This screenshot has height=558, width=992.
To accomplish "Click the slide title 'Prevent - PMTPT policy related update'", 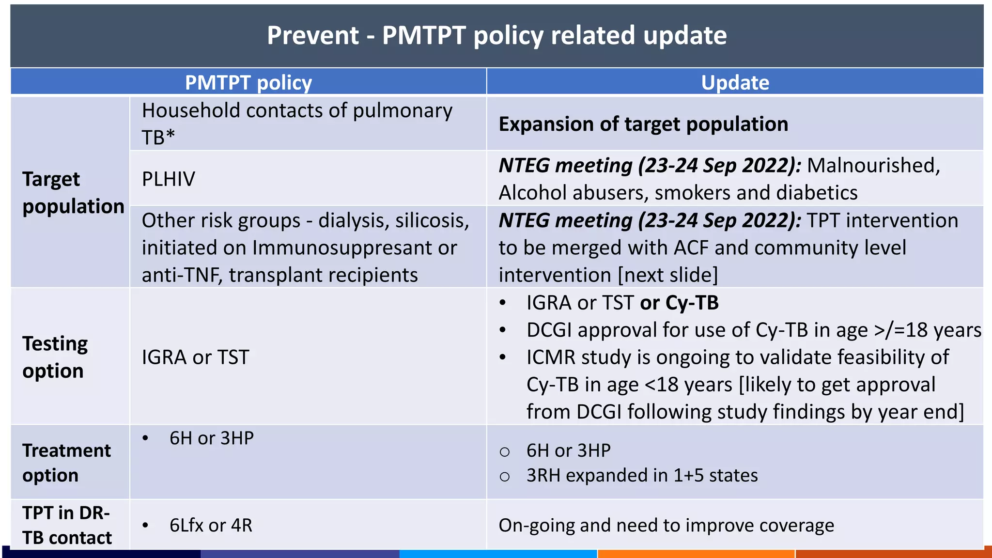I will [496, 35].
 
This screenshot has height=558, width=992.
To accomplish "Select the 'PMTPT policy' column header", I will [248, 82].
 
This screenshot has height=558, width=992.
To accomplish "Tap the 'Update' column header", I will [735, 82].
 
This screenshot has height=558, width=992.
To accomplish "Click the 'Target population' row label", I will [73, 192].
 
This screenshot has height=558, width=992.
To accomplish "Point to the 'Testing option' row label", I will [55, 357].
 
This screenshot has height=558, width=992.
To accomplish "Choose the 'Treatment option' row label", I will [66, 463].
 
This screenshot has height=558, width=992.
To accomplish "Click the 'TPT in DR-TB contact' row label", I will [66, 525].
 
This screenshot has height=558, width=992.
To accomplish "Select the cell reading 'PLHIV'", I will [168, 179].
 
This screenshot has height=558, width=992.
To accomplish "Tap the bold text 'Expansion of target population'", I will [643, 124].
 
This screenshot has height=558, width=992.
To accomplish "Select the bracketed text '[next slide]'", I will [668, 275].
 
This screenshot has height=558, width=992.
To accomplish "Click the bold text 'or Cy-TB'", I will [679, 303].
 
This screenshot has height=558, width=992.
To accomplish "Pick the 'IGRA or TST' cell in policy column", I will [195, 357].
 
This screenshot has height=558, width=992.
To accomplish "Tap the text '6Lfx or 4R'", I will [211, 525].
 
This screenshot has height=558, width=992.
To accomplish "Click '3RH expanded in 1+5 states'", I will [642, 475].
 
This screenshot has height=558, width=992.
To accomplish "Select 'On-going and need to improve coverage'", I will [666, 525].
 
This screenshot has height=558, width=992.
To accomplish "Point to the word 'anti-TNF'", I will [182, 275].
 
